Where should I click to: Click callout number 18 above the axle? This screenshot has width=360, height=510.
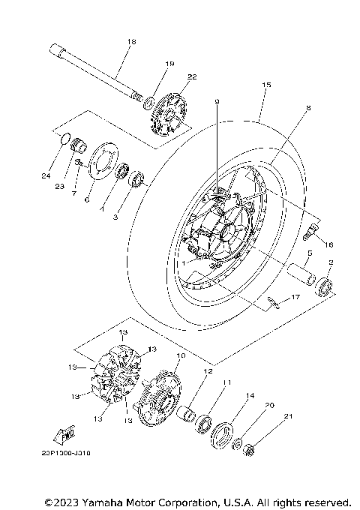[131, 42]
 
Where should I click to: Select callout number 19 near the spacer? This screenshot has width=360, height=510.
[169, 64]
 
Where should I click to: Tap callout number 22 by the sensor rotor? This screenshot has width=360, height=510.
[192, 77]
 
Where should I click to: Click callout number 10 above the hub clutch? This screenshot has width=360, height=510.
[180, 355]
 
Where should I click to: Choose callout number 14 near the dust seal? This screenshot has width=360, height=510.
[250, 396]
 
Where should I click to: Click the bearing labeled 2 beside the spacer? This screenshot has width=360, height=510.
[326, 286]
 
